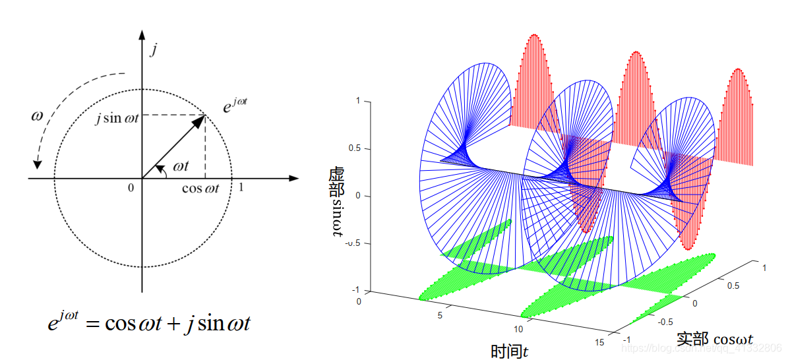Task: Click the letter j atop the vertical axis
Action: pyautogui.click(x=153, y=49)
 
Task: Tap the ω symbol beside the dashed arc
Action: pyautogui.click(x=38, y=116)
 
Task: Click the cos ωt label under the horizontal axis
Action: pyautogui.click(x=200, y=189)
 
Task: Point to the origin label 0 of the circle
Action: pyautogui.click(x=131, y=188)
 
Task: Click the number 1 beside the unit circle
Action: pyautogui.click(x=241, y=187)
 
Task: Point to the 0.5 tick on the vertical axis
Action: pyautogui.click(x=353, y=148)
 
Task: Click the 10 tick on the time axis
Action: pyautogui.click(x=518, y=329)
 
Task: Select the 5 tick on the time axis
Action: pyautogui.click(x=439, y=315)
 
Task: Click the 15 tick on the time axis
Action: pyautogui.click(x=598, y=343)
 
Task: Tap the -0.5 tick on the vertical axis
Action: pyautogui.click(x=352, y=243)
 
